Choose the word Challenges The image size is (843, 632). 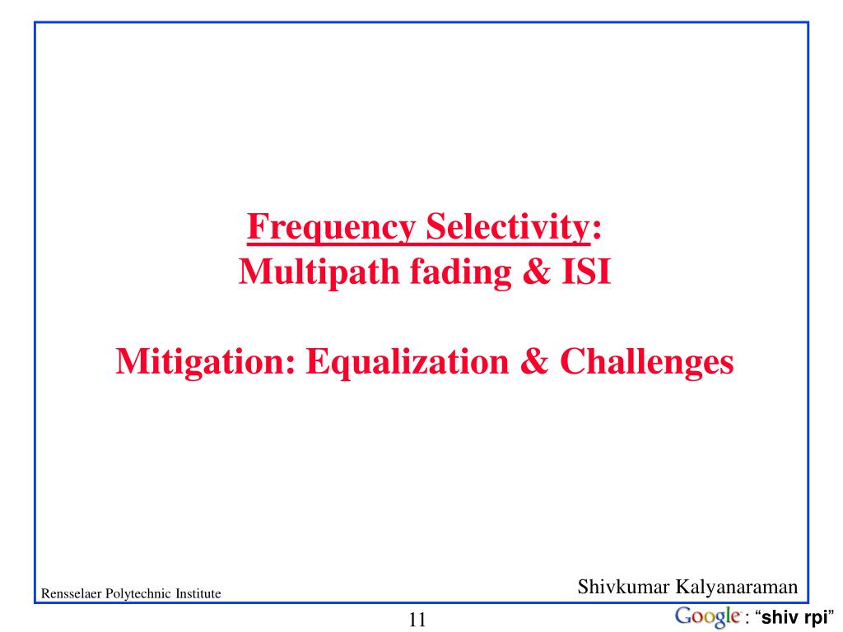pos(646,361)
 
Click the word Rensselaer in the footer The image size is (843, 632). pos(71,593)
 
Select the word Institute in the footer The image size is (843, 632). pos(198,593)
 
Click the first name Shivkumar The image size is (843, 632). pos(623,587)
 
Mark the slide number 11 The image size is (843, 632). pos(417,620)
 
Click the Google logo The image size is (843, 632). pos(706,616)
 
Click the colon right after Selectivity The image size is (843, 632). pos(597,229)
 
